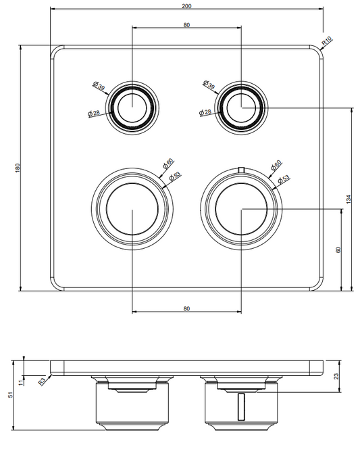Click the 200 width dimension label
(x=186, y=6)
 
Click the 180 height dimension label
(x=18, y=168)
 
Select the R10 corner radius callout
(x=327, y=41)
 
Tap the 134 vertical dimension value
(x=349, y=199)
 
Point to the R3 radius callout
(x=42, y=381)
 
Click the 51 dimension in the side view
(x=10, y=395)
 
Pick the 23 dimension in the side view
(x=336, y=376)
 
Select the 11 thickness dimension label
(x=20, y=383)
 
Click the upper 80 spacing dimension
(x=186, y=25)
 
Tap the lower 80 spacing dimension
(x=186, y=308)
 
